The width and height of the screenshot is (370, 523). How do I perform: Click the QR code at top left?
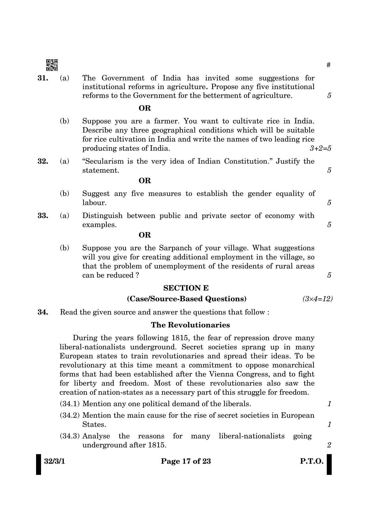[x=52, y=65]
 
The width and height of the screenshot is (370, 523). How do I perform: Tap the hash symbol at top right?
[x=329, y=65]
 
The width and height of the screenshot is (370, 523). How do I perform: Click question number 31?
[x=43, y=78]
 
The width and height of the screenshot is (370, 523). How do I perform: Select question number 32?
[x=43, y=161]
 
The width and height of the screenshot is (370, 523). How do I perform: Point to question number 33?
[x=43, y=216]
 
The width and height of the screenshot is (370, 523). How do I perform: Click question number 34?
[x=43, y=312]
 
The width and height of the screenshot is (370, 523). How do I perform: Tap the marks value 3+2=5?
[x=320, y=148]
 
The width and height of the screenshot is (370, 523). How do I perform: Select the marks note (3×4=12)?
[x=317, y=299]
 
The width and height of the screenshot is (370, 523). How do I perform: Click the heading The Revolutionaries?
[x=190, y=325]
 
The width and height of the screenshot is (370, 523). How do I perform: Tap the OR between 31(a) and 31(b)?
[x=145, y=108]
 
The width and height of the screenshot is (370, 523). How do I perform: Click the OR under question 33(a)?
[x=145, y=235]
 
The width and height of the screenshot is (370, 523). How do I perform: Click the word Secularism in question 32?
[x=106, y=161]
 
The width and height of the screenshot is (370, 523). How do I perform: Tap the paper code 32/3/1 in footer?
[x=52, y=461]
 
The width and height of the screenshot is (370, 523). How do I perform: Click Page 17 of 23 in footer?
[x=186, y=461]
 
